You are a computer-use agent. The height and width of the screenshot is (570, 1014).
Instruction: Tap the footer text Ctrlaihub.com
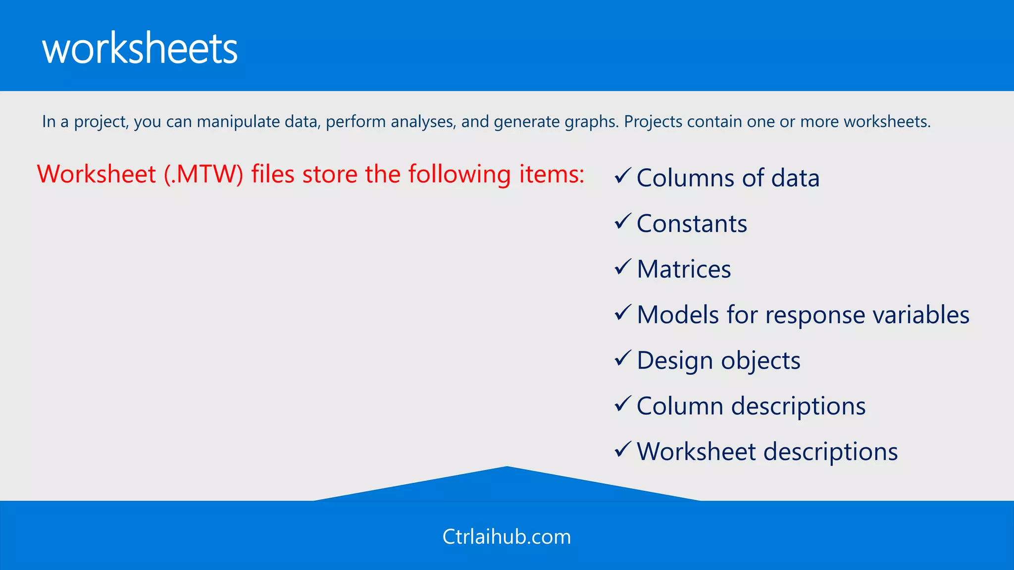[507, 537]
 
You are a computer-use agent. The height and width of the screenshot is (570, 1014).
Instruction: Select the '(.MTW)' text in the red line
[203, 175]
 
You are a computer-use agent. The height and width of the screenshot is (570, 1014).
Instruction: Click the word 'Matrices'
[684, 270]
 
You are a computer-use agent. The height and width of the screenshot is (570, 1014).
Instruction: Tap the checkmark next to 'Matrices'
[622, 267]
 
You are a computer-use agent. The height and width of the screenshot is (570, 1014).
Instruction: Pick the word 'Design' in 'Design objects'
[675, 361]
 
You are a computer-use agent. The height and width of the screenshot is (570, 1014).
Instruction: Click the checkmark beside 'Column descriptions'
[622, 404]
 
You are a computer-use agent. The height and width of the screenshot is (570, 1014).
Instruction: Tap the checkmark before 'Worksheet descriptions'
[622, 449]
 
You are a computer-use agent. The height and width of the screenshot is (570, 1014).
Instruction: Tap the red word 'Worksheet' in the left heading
[97, 175]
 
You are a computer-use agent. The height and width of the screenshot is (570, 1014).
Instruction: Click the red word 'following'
[459, 175]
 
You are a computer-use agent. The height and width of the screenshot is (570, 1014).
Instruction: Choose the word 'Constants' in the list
[692, 224]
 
